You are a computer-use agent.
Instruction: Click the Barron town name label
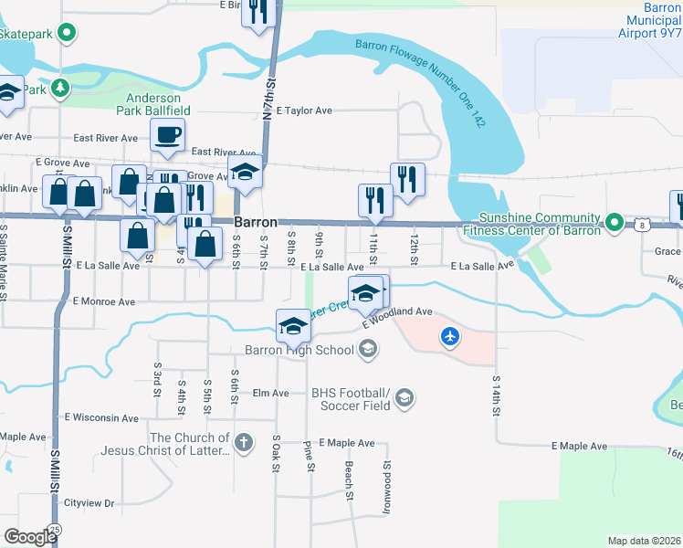[x=256, y=223]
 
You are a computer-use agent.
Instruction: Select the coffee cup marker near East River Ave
[x=167, y=136]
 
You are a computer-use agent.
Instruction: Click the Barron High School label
[x=299, y=349]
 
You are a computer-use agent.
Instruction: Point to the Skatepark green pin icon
[x=67, y=33]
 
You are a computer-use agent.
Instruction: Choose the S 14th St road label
[x=497, y=395]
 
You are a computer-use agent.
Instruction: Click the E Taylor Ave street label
[x=298, y=111]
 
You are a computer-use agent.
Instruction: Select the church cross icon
[x=243, y=444]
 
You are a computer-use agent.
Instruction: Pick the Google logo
[x=30, y=537]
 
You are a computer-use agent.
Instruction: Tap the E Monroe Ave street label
[x=104, y=300]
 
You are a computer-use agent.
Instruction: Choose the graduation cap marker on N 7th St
[x=246, y=173]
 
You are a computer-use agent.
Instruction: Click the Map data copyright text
[x=645, y=541]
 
